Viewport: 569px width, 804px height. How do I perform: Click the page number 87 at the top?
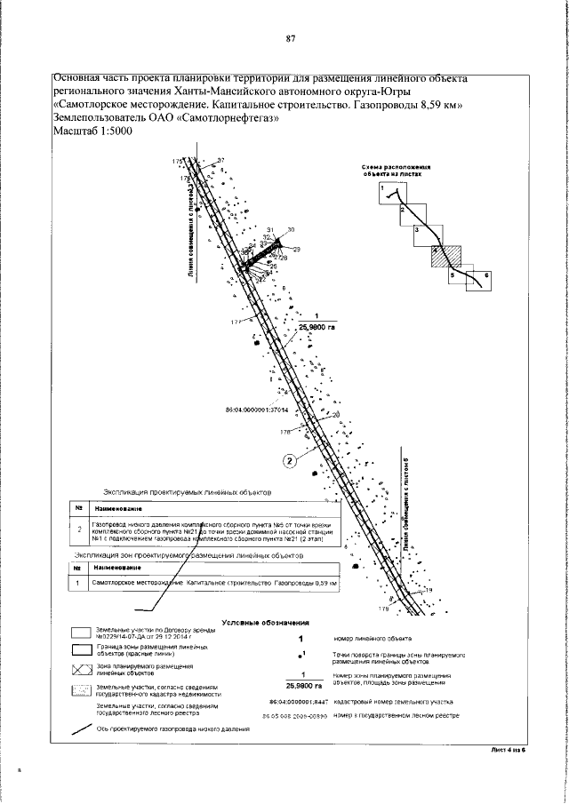pyautogui.click(x=290, y=39)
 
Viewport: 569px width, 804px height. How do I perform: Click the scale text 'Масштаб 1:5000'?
pyautogui.click(x=93, y=131)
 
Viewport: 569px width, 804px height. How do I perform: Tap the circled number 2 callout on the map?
pyautogui.click(x=289, y=459)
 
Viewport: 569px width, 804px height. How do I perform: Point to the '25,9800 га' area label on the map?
pyautogui.click(x=316, y=327)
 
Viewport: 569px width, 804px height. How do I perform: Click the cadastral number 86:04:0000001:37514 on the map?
pyautogui.click(x=259, y=410)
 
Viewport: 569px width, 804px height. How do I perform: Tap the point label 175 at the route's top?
pyautogui.click(x=178, y=160)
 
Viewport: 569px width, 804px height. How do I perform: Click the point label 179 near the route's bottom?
pyautogui.click(x=384, y=609)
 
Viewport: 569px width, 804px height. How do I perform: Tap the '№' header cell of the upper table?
pyautogui.click(x=79, y=510)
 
